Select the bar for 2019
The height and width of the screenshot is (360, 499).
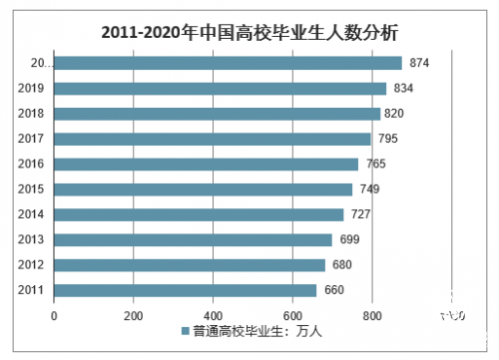tap(220, 88)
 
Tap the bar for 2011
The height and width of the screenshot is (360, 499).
tap(185, 290)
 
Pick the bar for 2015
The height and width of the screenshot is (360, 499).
tap(203, 189)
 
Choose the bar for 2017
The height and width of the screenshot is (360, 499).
tap(212, 139)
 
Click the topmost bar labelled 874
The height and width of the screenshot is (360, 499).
tap(228, 63)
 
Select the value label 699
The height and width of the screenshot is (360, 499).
tap(346, 239)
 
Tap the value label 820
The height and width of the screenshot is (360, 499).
tap(395, 114)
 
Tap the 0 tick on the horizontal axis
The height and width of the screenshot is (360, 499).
tap(54, 316)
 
